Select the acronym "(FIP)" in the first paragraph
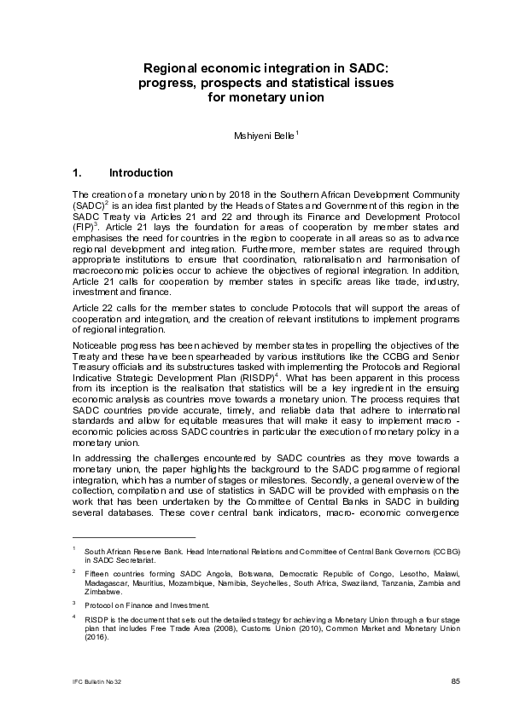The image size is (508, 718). (84, 229)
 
